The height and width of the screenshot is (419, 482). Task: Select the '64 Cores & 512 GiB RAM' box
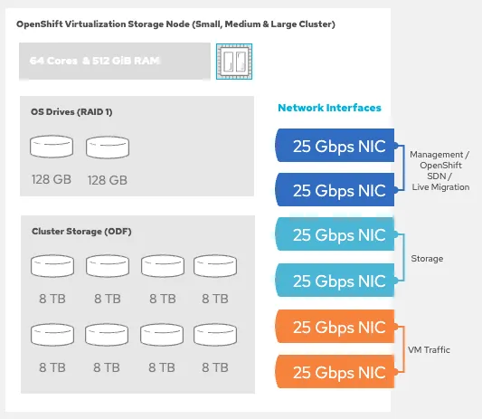(114, 62)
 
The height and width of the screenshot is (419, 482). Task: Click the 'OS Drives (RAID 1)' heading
(71, 112)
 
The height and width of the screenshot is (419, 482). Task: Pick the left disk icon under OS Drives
(50, 148)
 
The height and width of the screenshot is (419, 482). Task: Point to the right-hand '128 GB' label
(107, 179)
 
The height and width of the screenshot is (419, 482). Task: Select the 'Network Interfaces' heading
(329, 108)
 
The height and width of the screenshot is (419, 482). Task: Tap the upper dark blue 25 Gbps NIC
(336, 148)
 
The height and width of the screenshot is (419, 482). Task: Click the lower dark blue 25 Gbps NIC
(336, 190)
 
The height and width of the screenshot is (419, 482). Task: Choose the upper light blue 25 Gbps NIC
(336, 235)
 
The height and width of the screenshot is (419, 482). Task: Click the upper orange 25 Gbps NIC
(336, 327)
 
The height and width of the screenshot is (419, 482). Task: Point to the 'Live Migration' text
(439, 186)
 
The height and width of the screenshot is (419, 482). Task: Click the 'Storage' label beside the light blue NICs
(427, 258)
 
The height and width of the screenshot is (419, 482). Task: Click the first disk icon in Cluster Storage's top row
(50, 266)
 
